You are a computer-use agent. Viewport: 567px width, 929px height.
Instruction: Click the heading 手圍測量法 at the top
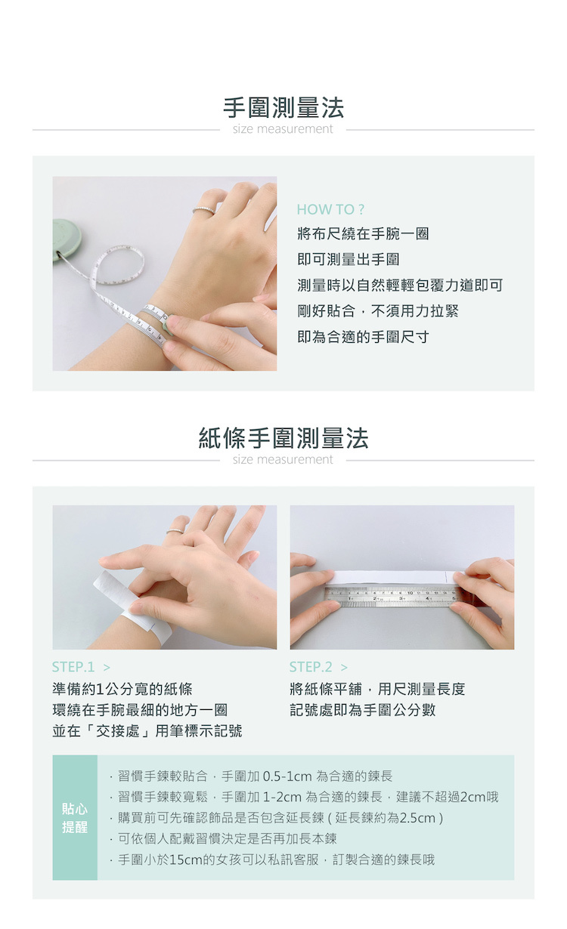click(283, 107)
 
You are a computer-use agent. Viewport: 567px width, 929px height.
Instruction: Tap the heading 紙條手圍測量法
click(283, 438)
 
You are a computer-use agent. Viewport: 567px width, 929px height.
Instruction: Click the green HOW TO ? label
click(330, 209)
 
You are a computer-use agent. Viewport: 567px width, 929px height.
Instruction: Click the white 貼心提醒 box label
click(75, 817)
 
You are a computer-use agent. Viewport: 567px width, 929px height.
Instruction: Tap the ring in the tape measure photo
click(204, 210)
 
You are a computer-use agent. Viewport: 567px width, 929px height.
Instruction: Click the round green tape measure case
click(67, 239)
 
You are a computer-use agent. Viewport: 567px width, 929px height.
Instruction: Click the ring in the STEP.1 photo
click(175, 531)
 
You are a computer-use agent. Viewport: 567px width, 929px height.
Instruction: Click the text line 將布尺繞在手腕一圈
click(363, 233)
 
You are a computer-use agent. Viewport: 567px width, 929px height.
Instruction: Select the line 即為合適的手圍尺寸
click(363, 337)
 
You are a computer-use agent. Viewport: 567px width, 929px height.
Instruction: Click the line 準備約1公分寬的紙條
click(122, 689)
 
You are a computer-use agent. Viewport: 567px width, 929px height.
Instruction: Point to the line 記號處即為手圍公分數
click(363, 710)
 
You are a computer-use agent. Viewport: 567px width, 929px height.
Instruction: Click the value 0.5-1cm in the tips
click(287, 776)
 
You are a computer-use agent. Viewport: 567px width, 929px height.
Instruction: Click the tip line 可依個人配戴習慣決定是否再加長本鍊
click(227, 838)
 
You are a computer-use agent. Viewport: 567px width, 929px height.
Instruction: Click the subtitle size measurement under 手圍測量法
click(283, 129)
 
